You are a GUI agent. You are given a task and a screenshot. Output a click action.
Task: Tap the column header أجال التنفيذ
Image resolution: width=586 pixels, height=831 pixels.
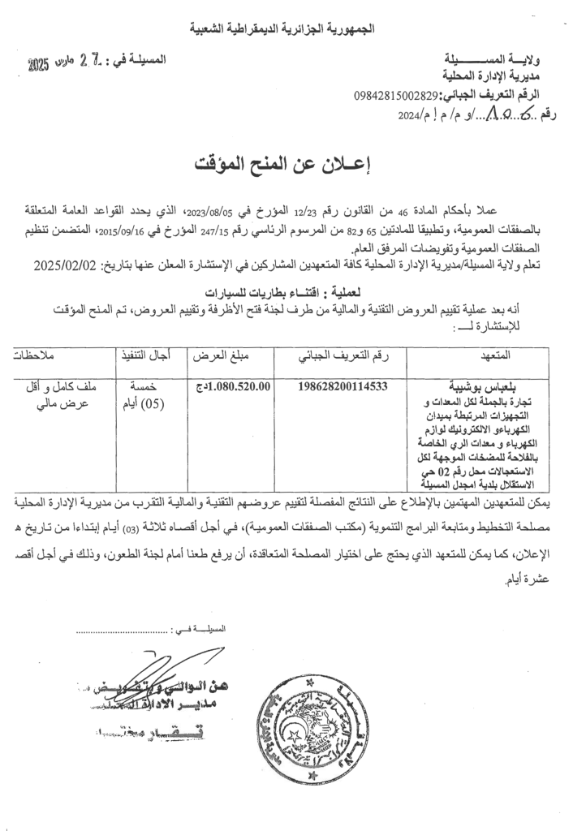click(145, 355)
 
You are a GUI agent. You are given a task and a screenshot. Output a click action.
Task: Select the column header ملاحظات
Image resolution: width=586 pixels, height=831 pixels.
click(55, 355)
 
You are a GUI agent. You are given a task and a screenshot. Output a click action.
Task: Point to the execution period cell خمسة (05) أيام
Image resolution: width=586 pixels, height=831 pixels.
click(145, 395)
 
